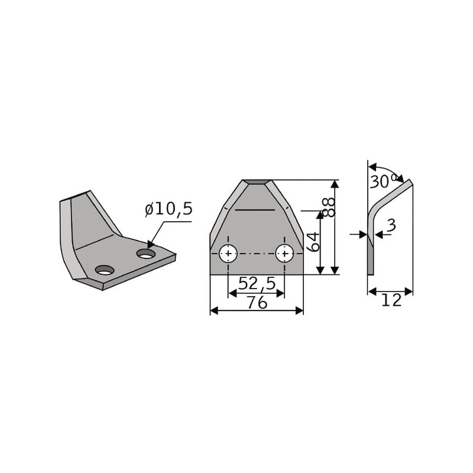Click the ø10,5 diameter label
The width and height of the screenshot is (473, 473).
pyautogui.click(x=169, y=209)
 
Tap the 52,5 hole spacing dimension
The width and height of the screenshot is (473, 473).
pyautogui.click(x=257, y=283)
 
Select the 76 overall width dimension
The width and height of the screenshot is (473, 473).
pyautogui.click(x=257, y=302)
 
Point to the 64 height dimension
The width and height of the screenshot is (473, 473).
pyautogui.click(x=313, y=242)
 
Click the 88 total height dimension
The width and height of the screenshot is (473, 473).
pyautogui.click(x=329, y=208)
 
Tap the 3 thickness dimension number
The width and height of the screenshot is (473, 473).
pyautogui.click(x=391, y=225)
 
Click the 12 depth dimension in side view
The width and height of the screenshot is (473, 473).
pyautogui.click(x=391, y=300)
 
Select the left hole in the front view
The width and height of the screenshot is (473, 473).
pyautogui.click(x=228, y=254)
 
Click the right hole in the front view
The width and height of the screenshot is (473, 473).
pyautogui.click(x=284, y=254)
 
